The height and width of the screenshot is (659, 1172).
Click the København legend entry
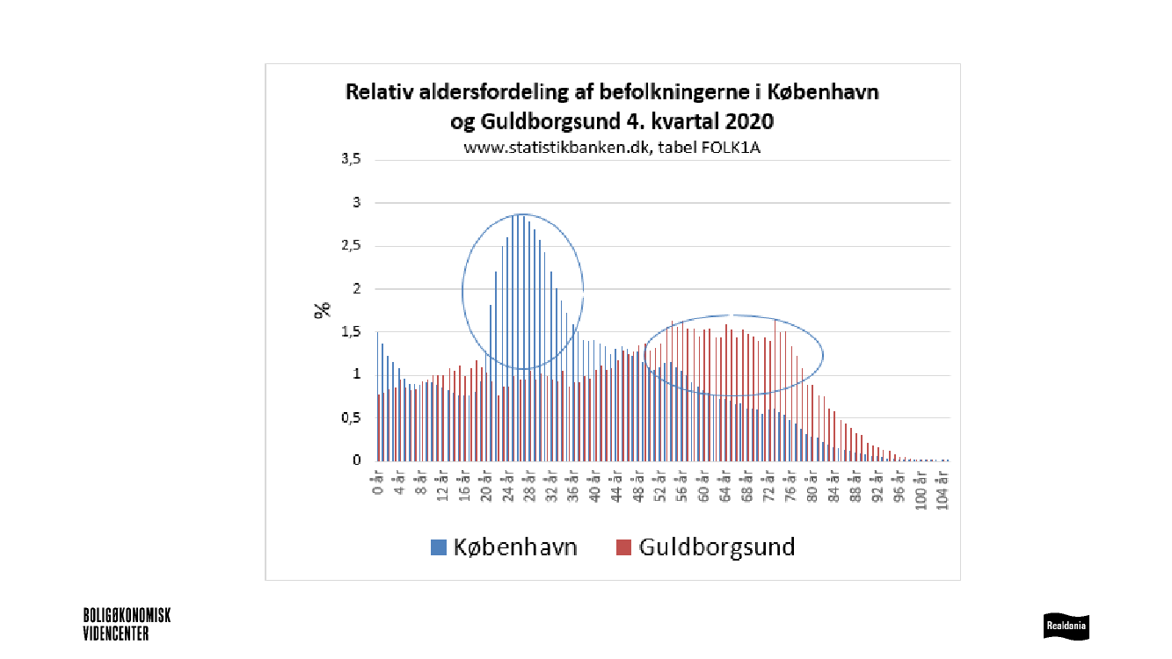515,547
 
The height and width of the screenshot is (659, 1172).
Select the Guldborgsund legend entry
717,547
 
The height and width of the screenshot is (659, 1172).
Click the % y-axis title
323,308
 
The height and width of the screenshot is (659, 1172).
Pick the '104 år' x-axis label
944,488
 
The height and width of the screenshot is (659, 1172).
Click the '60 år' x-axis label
704,485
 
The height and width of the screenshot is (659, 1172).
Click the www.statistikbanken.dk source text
557,147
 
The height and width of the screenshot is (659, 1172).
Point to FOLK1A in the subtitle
730,147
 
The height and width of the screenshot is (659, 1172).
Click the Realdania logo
1066,626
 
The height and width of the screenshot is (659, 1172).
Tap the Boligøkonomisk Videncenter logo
127,624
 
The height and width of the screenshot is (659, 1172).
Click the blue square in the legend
438,547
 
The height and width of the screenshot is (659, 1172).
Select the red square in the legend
623,547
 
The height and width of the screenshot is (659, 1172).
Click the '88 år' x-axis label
856,485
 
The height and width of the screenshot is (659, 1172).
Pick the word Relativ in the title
375,91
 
